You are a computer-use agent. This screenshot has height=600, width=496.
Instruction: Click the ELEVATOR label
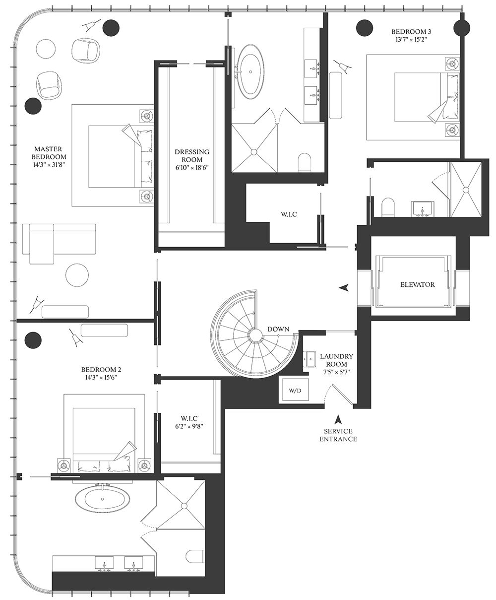pos(417,284)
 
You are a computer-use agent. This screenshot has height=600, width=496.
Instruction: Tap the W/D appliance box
pos(295,390)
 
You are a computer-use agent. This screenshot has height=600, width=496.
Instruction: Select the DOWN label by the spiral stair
pos(278,329)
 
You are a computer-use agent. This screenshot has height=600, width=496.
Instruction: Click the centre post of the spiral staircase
pos(255,335)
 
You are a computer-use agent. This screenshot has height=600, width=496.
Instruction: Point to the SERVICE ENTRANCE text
pos(338,435)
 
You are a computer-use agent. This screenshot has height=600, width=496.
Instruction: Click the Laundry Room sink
pos(310,359)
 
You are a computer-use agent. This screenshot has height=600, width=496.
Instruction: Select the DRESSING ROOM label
pos(192,155)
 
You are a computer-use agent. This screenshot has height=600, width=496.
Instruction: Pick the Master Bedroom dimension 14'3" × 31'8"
pos(48,165)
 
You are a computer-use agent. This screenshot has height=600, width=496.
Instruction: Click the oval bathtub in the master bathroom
pos(251,71)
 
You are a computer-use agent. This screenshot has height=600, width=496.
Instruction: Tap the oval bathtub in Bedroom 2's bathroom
pos(103,499)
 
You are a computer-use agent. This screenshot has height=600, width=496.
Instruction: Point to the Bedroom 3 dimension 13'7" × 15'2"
pos(411,39)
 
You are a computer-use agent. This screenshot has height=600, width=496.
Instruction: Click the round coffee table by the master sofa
pos(77,275)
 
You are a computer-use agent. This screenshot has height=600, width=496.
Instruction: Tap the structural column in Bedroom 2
pos(33,340)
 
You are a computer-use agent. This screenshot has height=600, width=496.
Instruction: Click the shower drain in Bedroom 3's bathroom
pos(466,190)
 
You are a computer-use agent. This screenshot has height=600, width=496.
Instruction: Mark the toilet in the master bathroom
pos(305,162)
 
